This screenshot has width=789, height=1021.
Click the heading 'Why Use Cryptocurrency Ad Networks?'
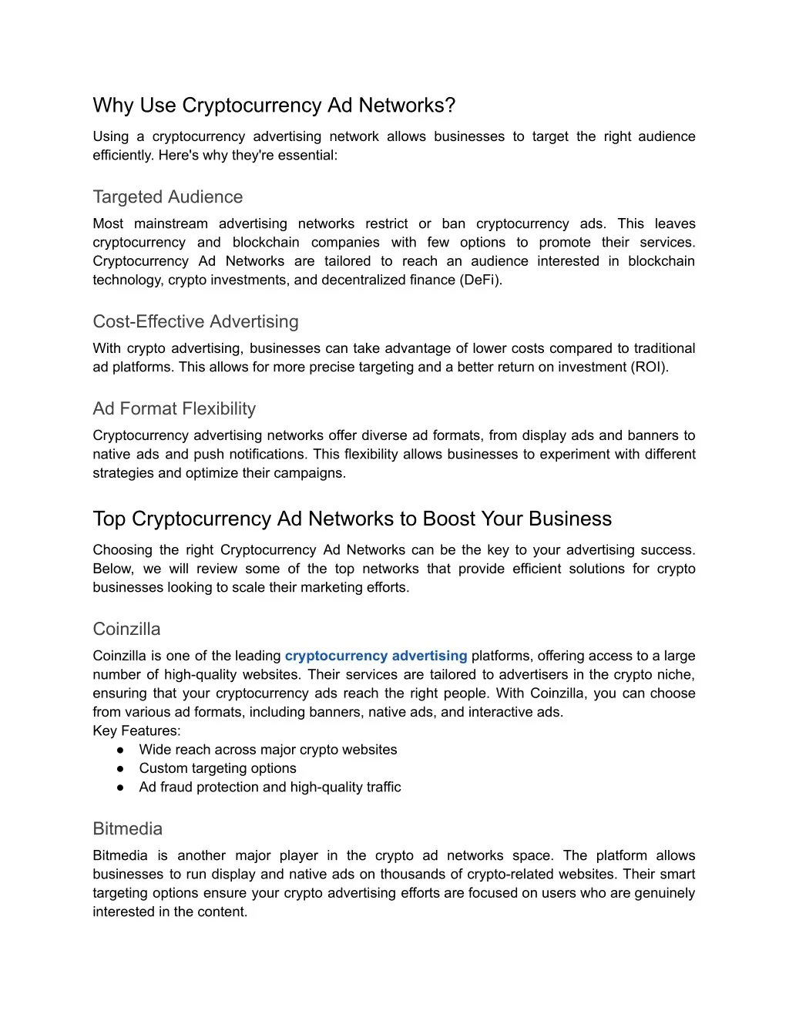pos(274,106)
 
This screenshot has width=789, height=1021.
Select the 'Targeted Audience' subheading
pos(167,197)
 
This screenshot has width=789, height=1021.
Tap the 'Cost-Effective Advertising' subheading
pos(196,322)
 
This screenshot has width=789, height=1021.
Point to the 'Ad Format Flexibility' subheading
pos(174,409)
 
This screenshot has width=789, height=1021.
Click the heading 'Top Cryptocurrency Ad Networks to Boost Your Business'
pos(352,519)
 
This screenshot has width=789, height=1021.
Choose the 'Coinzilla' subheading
pos(126,630)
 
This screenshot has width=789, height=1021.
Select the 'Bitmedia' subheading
pos(127,829)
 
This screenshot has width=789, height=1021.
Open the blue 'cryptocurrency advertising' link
pos(376,656)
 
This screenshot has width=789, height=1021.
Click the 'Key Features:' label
pos(136,730)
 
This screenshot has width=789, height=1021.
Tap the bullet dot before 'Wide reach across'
pos(121,750)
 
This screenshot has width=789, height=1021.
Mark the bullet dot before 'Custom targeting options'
pos(121,768)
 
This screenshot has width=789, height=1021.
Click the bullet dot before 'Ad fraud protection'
pos(121,788)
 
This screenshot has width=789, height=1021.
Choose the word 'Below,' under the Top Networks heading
pos(113,569)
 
